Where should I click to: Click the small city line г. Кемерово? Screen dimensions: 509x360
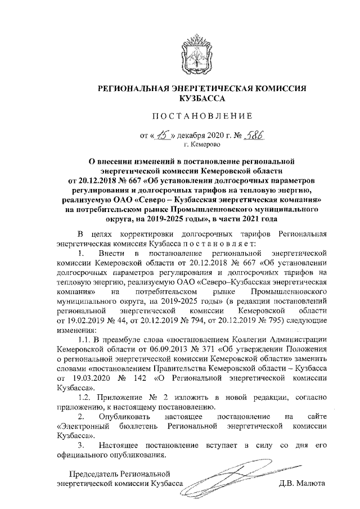pyautogui.click(x=193, y=145)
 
